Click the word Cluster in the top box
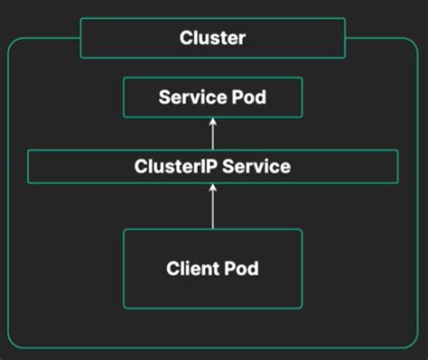coord(213,39)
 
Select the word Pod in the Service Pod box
coord(248,97)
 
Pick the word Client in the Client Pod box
coord(191,268)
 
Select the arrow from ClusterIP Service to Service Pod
coord(213,134)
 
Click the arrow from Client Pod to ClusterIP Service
coord(213,207)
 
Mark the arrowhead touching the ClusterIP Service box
coord(213,188)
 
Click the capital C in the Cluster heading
coord(185,39)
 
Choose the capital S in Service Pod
coord(164,97)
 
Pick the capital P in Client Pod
coord(236,268)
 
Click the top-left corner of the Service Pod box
coord(124,78)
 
